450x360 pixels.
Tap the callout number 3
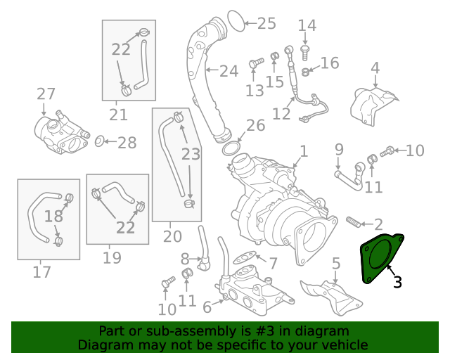(397, 282)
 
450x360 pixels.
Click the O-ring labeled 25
(236, 22)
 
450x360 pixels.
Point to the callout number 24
(229, 71)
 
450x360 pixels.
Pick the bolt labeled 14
(305, 50)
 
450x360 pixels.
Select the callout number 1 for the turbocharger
(303, 151)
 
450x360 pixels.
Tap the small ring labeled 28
(99, 142)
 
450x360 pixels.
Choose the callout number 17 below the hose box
(41, 271)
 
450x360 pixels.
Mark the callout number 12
(281, 113)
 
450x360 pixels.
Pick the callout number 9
(339, 149)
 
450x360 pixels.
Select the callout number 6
(207, 307)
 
